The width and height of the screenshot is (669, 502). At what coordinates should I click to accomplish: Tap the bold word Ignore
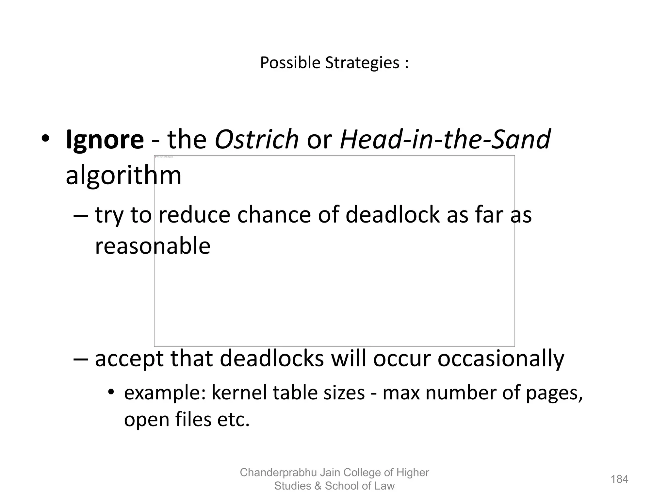coord(105,140)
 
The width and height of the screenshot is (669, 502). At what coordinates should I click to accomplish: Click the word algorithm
coord(123,176)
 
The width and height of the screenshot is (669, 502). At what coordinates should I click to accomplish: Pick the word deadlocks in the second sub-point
coord(272,359)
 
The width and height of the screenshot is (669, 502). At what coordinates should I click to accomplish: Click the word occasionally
coord(500,359)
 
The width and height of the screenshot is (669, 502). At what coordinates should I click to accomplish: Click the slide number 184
coord(619,479)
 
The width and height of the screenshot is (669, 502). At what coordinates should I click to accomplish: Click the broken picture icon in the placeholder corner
coord(156,157)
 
